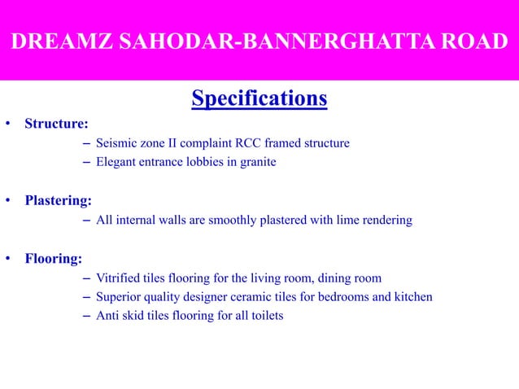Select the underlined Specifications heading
(x=259, y=99)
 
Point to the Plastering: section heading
(x=58, y=199)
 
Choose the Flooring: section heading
(x=53, y=259)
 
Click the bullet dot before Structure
(x=7, y=125)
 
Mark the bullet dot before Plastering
(x=7, y=200)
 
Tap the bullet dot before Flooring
(x=7, y=260)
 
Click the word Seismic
(x=116, y=143)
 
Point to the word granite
(x=257, y=162)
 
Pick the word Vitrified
(x=119, y=278)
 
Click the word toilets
(x=265, y=315)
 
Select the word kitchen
(x=412, y=297)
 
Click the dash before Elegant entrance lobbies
(x=87, y=162)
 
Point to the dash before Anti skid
(x=87, y=315)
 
